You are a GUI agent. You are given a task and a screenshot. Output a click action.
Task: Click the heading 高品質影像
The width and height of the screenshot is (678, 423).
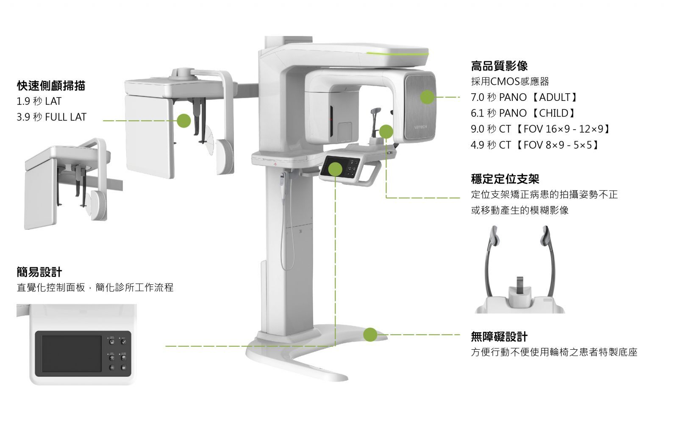pos(499,66)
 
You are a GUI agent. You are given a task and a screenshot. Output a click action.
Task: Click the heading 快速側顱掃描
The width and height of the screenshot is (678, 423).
pos(51,86)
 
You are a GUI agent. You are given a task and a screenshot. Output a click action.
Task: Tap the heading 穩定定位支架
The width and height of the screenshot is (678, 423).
pos(505,179)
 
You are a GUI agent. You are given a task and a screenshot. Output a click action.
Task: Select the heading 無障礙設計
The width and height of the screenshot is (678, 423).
pos(499,337)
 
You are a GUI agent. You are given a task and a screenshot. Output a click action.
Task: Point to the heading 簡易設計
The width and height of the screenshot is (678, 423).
pos(39,272)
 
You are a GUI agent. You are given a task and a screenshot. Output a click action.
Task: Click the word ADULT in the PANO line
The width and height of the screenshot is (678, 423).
pos(555,97)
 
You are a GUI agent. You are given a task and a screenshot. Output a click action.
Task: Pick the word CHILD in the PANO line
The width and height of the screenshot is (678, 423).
pos(553,113)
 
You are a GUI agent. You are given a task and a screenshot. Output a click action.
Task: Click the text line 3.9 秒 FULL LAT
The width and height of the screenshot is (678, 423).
pos(51,117)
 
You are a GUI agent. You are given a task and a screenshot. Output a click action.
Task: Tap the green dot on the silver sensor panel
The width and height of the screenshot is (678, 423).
pos(427,97)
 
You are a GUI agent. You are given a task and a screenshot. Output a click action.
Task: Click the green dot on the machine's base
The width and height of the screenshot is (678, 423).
pos(370,334)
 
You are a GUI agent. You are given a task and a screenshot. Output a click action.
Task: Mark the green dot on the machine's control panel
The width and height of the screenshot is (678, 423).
pos(335,170)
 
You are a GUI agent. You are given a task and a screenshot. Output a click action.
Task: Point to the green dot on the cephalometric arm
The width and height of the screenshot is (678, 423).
pos(183,120)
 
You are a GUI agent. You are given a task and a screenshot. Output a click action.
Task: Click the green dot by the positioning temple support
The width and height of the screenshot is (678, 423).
pos(386,131)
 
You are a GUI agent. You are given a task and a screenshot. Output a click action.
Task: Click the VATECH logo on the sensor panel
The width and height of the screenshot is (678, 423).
pos(420,127)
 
